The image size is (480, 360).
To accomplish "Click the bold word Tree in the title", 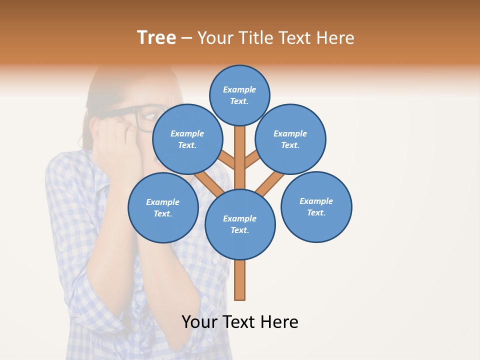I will [156, 38].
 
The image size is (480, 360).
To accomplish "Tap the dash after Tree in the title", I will [186, 38].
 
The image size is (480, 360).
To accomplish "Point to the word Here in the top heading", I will [336, 38].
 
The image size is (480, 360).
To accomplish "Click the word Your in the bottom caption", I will [200, 322].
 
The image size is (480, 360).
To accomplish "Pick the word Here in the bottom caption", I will [279, 322].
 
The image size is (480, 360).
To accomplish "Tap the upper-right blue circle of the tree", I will [290, 139].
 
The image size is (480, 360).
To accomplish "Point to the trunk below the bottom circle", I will [240, 280].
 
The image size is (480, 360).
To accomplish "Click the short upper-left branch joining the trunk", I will [226, 160].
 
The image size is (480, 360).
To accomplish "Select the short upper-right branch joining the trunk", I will [252, 160].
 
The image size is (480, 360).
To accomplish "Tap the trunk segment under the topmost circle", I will [240, 145].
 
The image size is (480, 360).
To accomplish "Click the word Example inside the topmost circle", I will [239, 90].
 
